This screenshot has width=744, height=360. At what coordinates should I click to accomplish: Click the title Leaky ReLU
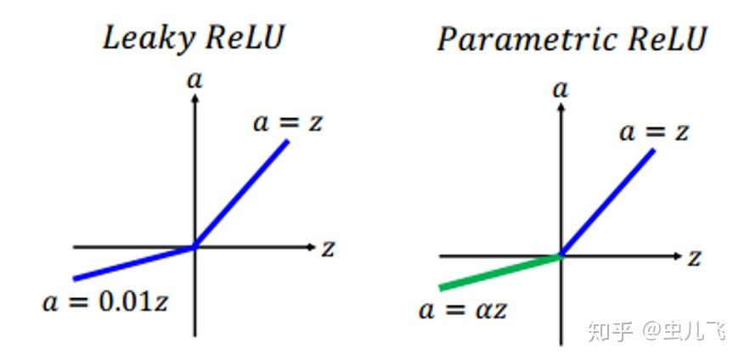[194, 38]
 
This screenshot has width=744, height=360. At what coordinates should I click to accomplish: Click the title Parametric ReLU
[571, 40]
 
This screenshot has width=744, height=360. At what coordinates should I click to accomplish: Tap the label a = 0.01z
[107, 302]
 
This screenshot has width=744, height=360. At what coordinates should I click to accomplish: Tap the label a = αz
[464, 309]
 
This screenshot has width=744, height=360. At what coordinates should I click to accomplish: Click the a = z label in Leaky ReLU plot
[289, 122]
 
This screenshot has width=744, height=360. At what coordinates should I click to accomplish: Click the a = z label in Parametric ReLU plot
[654, 132]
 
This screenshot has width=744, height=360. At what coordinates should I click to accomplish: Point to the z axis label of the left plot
[328, 248]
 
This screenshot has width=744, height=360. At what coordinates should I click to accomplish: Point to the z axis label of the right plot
[694, 257]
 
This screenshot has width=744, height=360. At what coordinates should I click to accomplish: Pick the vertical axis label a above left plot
[195, 80]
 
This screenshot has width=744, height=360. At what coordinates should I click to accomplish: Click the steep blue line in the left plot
[243, 192]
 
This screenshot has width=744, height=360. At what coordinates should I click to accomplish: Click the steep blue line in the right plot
[608, 201]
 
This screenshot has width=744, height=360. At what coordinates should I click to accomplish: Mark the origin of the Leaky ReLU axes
[195, 247]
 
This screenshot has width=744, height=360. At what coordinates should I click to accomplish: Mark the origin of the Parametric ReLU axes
[561, 256]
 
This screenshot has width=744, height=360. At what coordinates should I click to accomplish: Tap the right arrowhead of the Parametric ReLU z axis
[677, 256]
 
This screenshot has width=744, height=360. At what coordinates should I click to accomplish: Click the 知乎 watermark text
[610, 331]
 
